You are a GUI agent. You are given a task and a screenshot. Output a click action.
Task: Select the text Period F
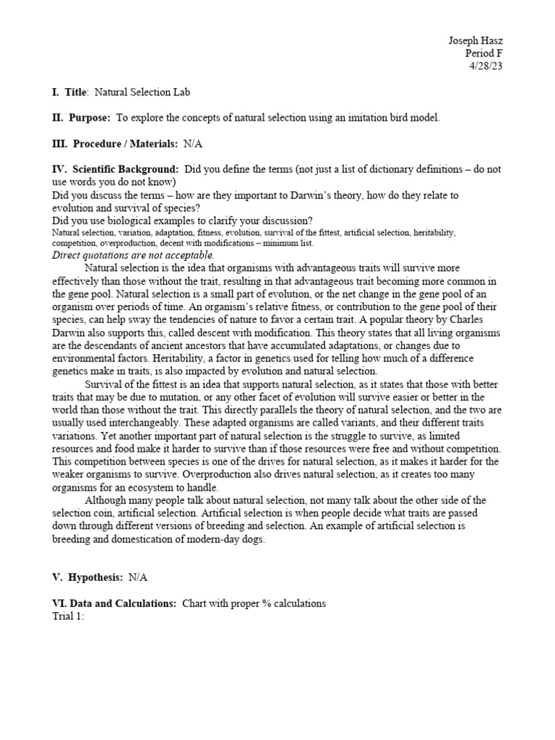[x=483, y=53]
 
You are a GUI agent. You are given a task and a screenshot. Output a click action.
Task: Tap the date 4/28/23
[x=485, y=66]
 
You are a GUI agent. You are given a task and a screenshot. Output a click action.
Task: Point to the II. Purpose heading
[x=82, y=117]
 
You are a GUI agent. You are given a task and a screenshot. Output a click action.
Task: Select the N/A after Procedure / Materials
[x=193, y=144]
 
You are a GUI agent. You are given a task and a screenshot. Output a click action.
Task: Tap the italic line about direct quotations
[x=133, y=255]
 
